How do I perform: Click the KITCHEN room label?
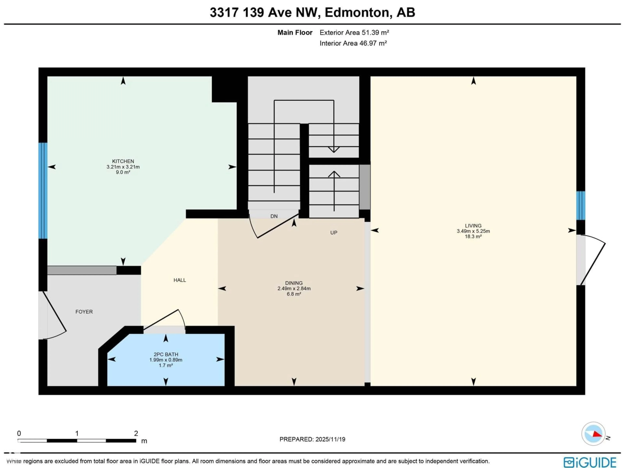(123, 161)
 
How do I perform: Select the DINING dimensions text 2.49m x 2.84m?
(294, 288)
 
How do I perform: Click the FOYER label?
(84, 312)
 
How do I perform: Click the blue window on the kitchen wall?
(43, 190)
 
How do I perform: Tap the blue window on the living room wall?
(581, 205)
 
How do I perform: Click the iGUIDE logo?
(590, 462)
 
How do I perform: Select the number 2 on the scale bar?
(136, 433)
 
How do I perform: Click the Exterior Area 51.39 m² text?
(354, 32)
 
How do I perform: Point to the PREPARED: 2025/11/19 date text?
(312, 439)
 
